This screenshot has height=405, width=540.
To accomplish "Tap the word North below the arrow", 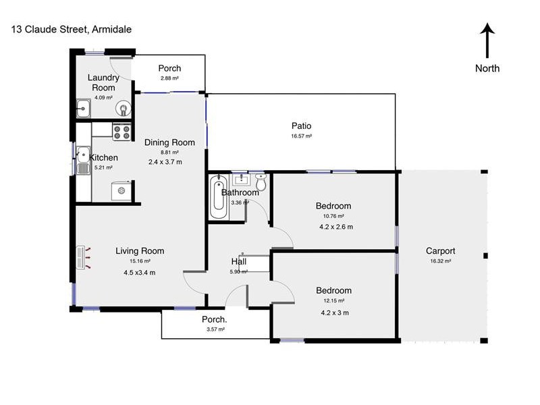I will [487, 68].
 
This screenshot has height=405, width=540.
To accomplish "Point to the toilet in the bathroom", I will [261, 182].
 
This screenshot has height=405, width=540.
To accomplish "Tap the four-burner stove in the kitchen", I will [122, 132].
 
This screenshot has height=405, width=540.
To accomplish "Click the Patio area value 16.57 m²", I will [301, 136].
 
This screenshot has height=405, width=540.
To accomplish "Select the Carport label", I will [440, 250].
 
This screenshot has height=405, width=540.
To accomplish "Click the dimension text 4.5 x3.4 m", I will [139, 273].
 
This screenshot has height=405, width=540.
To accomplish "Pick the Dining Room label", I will [169, 142].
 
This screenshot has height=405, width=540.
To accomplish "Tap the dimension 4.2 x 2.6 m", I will [336, 227].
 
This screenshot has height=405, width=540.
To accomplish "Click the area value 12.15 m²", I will [334, 300].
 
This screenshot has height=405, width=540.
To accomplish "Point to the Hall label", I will [239, 262].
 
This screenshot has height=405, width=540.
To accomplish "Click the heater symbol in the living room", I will [84, 257].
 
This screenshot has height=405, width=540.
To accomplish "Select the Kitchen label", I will [104, 158].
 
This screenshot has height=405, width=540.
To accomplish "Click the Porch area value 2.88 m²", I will [169, 79].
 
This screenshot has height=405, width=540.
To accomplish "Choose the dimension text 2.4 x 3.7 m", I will [165, 162].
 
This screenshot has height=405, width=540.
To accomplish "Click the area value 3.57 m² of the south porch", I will [215, 329].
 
